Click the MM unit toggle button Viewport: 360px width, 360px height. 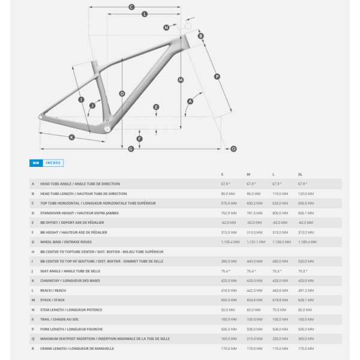click(x=36, y=163)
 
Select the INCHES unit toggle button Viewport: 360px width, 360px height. click(x=53, y=163)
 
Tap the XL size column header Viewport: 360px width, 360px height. click(x=300, y=174)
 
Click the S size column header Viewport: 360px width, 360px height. click(x=222, y=174)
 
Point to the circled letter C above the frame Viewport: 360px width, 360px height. click(x=131, y=7)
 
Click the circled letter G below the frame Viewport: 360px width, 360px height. click(x=131, y=148)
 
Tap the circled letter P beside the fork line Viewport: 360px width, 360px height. click(x=217, y=76)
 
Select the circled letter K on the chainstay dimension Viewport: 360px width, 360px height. click(x=71, y=137)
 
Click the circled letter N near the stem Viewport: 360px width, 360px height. click(x=166, y=28)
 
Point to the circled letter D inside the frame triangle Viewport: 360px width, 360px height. click(x=122, y=94)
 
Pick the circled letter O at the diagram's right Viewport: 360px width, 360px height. click(x=233, y=148)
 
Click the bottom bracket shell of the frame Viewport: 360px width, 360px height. click(x=107, y=128)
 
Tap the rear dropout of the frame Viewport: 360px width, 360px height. click(x=41, y=116)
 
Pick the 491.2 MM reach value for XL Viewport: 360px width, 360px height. click(x=305, y=290)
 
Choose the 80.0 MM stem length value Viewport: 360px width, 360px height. click(x=305, y=310)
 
